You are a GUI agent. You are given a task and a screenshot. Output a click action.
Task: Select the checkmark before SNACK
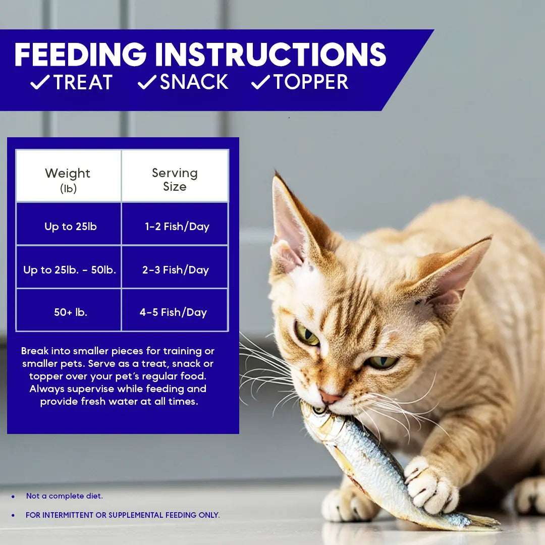click(147, 82)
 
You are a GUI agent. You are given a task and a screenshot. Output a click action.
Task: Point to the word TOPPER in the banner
click(311, 82)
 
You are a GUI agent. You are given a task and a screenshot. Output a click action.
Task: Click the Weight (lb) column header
click(68, 180)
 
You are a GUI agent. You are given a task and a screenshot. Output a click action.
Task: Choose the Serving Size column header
click(175, 180)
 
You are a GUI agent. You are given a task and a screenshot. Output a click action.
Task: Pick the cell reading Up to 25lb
click(70, 227)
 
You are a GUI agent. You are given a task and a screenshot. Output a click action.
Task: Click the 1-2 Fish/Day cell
click(177, 227)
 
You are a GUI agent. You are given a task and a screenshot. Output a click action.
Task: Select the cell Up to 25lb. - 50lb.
click(70, 270)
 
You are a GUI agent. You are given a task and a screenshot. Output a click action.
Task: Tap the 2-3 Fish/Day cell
click(175, 270)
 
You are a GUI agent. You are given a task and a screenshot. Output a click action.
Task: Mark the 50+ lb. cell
click(71, 312)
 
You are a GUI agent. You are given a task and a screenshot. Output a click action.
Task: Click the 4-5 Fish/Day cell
click(173, 312)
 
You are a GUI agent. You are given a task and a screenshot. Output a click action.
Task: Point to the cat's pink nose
click(330, 397)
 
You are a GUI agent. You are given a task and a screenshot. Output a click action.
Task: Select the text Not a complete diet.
click(64, 496)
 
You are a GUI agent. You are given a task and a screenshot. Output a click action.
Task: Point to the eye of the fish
click(319, 410)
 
